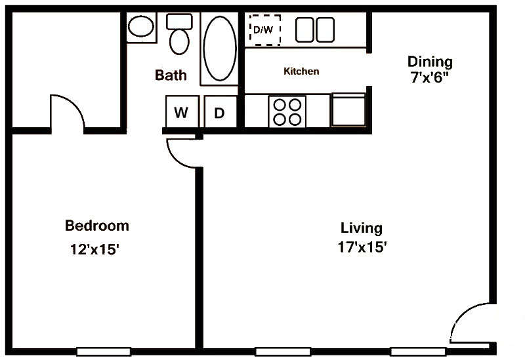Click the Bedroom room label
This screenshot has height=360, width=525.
96,226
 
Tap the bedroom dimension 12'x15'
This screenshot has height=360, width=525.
94,249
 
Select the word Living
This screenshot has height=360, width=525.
362,228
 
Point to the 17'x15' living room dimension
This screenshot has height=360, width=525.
362,247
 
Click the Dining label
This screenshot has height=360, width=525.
430,62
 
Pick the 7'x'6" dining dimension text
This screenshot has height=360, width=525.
429,77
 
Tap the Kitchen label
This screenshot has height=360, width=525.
301,71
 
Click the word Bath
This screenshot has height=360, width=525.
171,75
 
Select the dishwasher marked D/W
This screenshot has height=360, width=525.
265,30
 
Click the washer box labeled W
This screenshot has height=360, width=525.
182,111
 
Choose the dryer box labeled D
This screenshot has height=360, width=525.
220,111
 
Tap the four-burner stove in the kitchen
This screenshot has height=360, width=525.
287,111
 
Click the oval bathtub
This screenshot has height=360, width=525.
220,49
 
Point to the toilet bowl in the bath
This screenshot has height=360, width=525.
179,41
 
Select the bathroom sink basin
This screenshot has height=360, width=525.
141,26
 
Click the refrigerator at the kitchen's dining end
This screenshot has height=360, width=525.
348,110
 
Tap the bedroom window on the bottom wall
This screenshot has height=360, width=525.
104,351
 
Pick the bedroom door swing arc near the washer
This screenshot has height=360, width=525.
174,157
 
